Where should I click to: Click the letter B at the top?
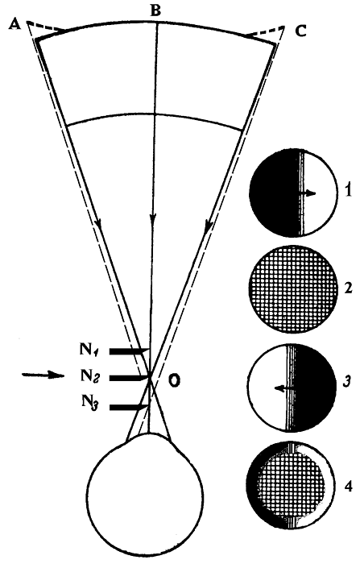pyautogui.click(x=155, y=10)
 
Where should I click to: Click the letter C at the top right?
pyautogui.click(x=300, y=31)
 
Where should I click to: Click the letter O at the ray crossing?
pyautogui.click(x=175, y=381)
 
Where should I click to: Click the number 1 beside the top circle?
pyautogui.click(x=346, y=191)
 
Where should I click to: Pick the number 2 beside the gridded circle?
pyautogui.click(x=347, y=288)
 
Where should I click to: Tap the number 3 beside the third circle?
pyautogui.click(x=346, y=382)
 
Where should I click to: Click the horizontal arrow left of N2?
pyautogui.click(x=43, y=375)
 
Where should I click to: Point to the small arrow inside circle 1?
pyautogui.click(x=308, y=194)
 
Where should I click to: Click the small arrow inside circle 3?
pyautogui.click(x=284, y=388)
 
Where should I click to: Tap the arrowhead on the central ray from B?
pyautogui.click(x=153, y=219)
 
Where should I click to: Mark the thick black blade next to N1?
pyautogui.click(x=129, y=350)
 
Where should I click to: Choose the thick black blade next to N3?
pyautogui.click(x=128, y=407)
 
